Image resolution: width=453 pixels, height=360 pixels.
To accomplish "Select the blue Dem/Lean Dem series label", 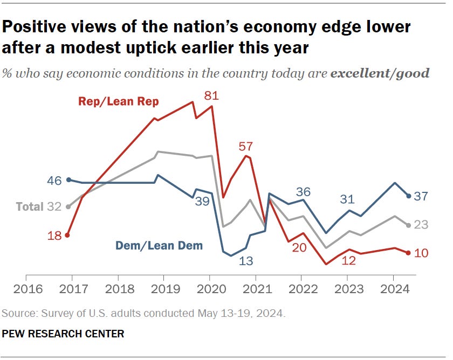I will pos(159,246).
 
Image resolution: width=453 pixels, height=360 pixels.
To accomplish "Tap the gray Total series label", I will pos(29,206).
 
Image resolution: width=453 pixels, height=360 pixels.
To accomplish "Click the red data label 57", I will pos(246,147).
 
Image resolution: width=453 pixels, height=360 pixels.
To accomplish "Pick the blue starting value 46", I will pos(54,181).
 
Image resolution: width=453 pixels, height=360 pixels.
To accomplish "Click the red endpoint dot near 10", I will pos(408,252).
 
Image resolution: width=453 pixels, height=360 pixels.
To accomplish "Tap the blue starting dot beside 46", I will pos(68,180).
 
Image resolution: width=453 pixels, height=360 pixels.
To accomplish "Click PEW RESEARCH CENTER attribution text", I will pos(63,334).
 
